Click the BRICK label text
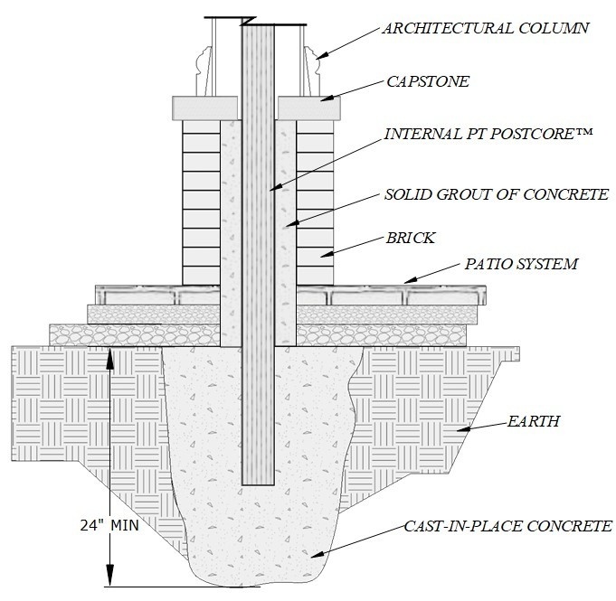pyautogui.click(x=412, y=239)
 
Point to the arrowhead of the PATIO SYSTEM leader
pyautogui.click(x=407, y=282)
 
